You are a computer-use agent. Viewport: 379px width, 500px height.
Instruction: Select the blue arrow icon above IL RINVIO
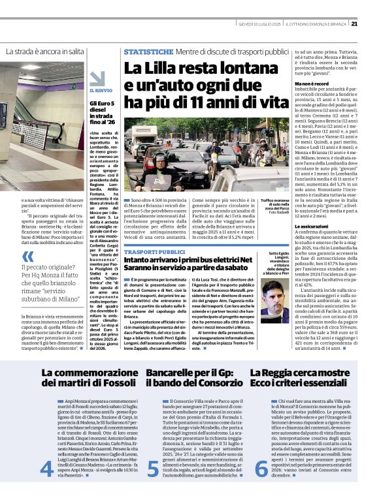pyautogui.click(x=96, y=78)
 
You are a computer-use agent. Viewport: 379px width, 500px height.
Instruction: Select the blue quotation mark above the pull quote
pyautogui.click(x=27, y=257)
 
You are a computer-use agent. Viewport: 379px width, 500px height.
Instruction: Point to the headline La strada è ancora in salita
pyautogui.click(x=45, y=51)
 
